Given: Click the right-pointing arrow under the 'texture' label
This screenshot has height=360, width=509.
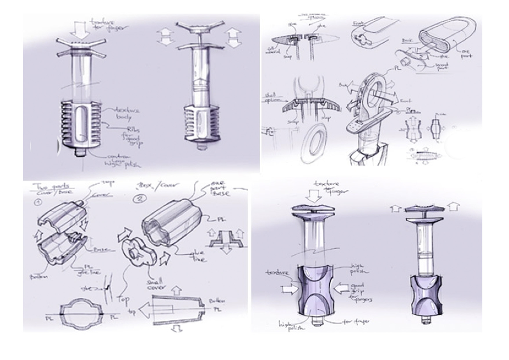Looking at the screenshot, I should point(289,289).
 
